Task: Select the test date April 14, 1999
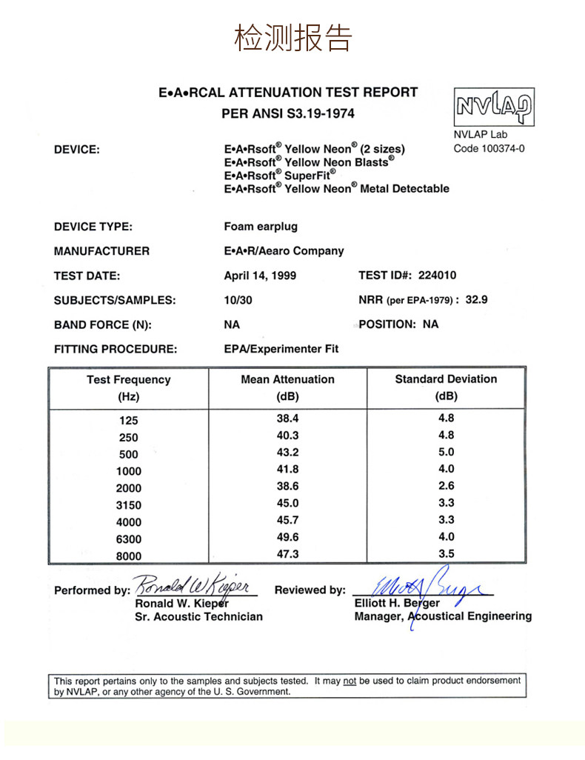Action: (260, 276)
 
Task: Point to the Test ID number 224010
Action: (437, 276)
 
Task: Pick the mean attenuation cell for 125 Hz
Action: (287, 419)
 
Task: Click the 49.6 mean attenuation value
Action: (287, 537)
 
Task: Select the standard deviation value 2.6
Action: (446, 486)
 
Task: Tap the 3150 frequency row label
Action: (128, 505)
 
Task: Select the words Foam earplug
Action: (261, 227)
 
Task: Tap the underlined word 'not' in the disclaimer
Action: (350, 680)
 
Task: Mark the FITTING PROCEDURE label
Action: (116, 349)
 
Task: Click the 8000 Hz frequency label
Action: (128, 556)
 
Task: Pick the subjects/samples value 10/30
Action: (237, 300)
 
